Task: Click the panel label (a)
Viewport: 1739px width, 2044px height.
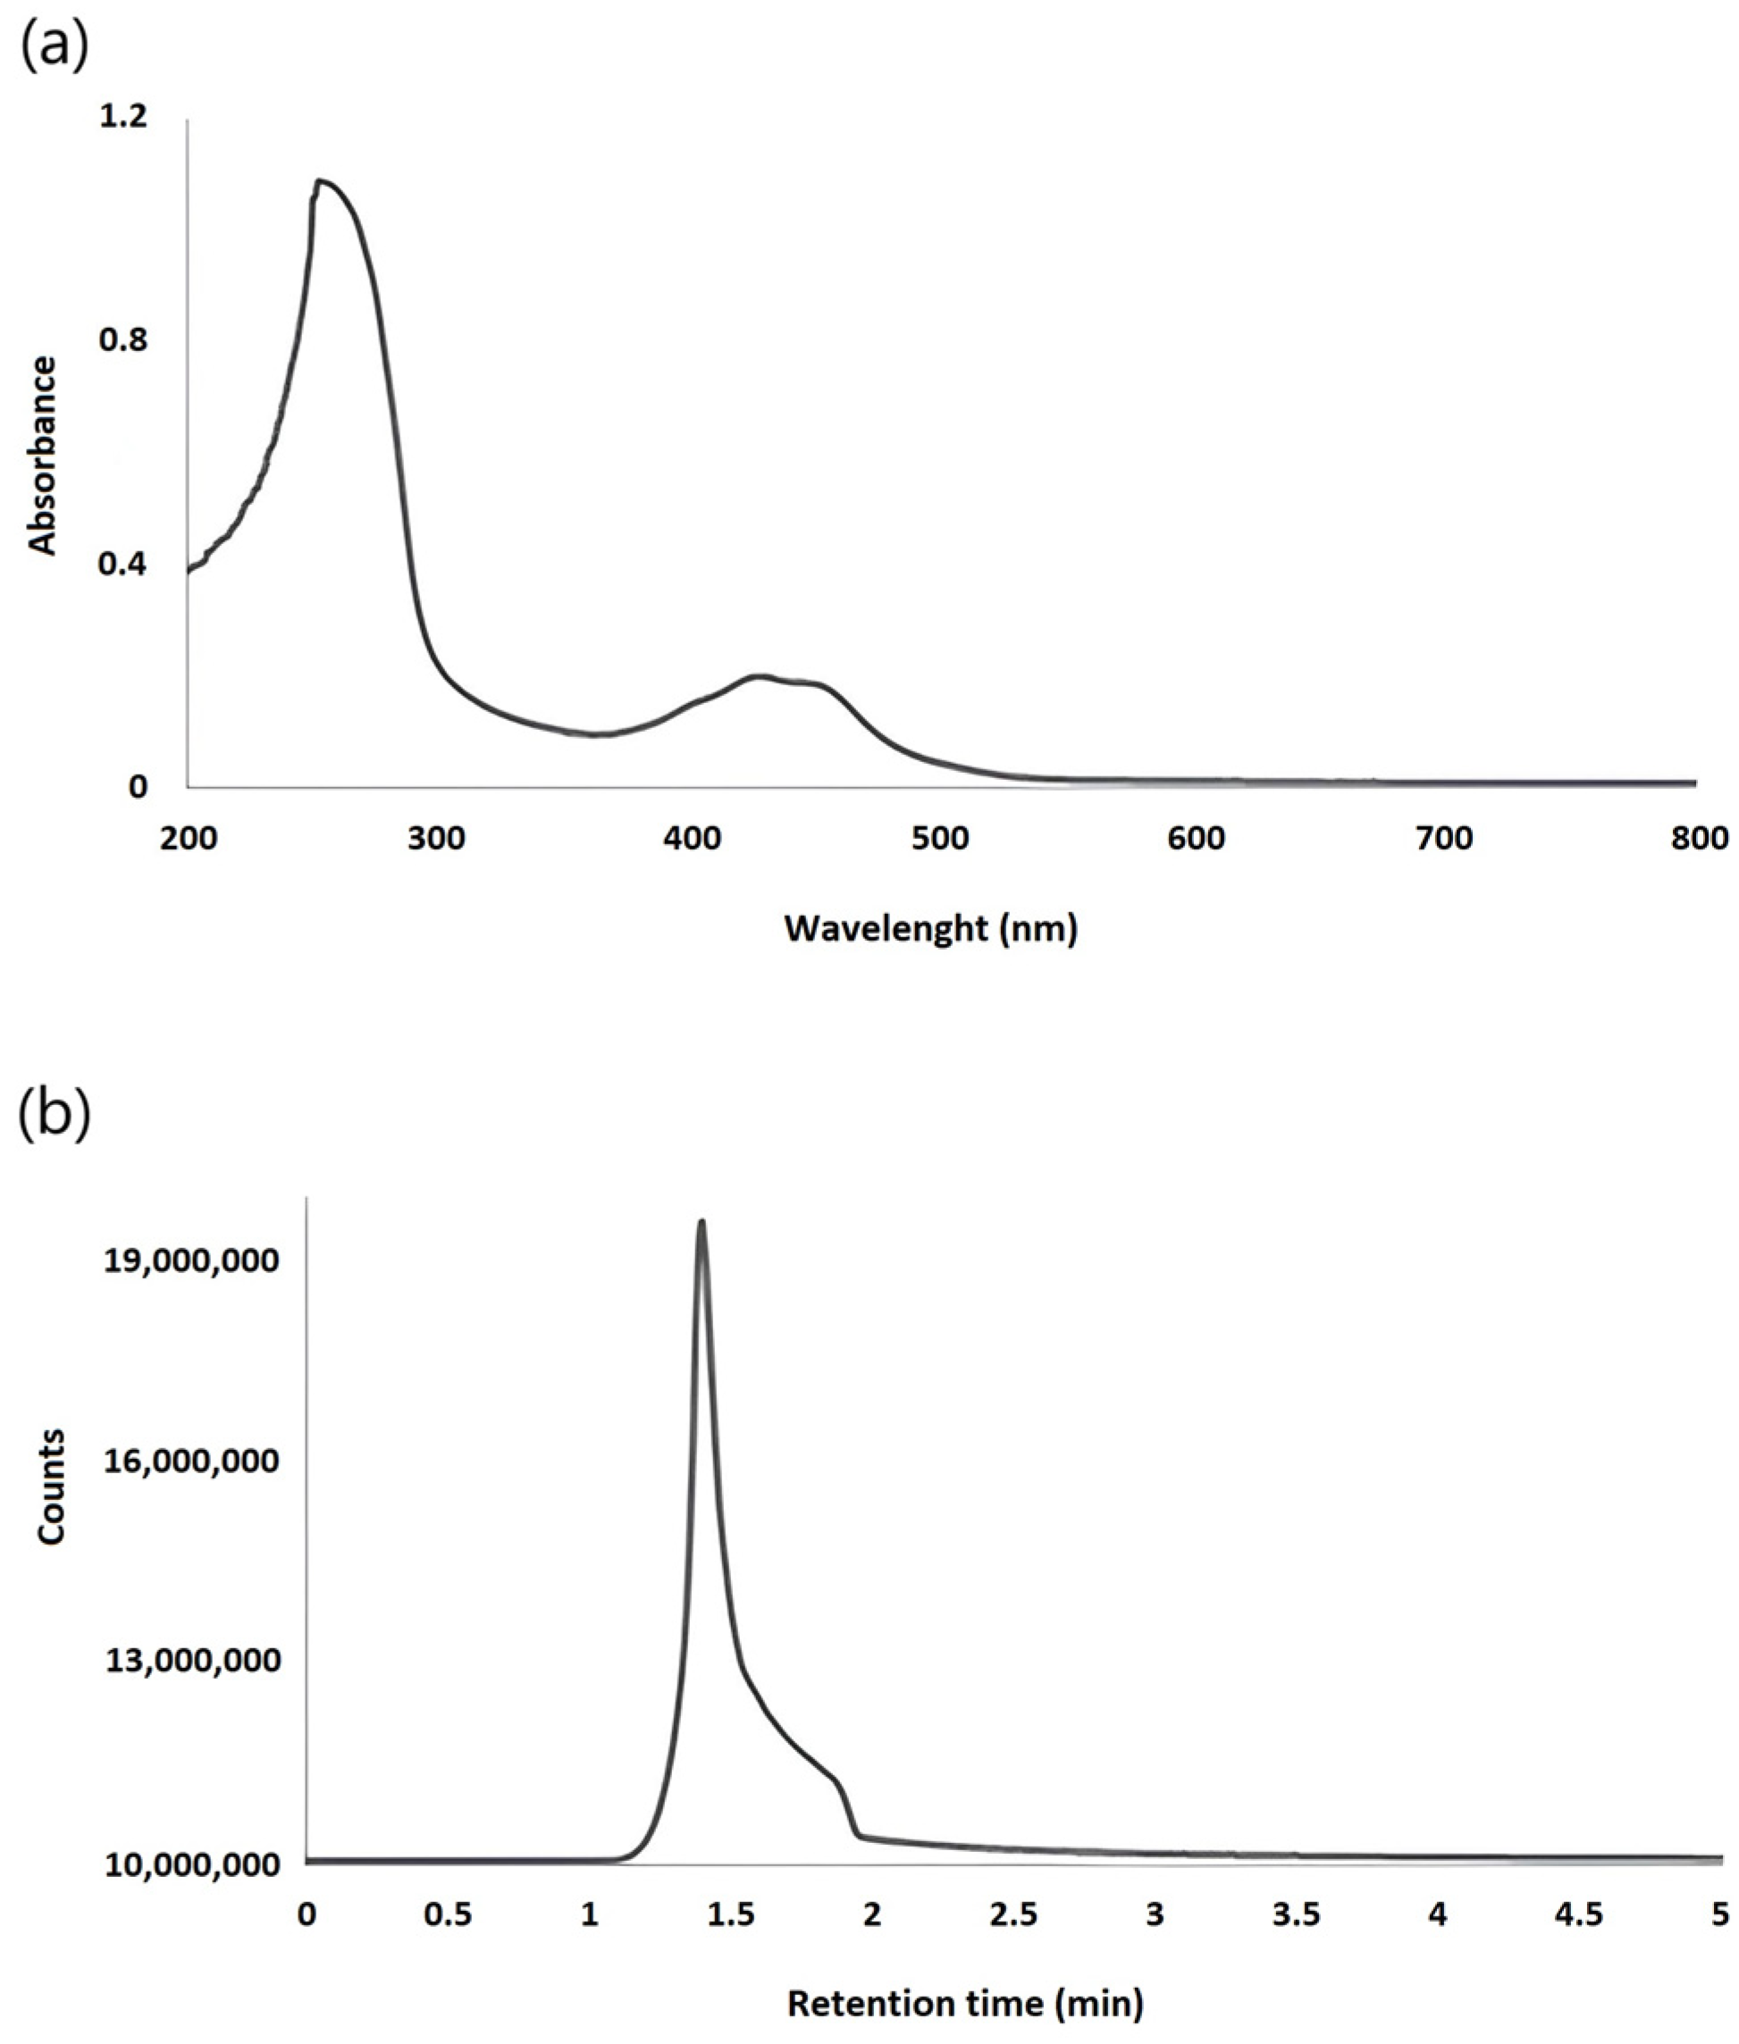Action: (55, 46)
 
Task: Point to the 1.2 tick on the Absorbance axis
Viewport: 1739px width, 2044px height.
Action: (123, 117)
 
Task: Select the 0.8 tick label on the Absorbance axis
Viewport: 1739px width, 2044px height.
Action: (123, 340)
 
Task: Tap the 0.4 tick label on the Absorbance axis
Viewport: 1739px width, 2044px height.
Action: (123, 564)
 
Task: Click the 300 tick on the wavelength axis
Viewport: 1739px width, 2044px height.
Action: (437, 839)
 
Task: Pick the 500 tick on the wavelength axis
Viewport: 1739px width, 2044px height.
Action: (940, 839)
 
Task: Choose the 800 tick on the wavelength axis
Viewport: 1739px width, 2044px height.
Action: (1700, 839)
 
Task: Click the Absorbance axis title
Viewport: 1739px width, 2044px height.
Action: (42, 456)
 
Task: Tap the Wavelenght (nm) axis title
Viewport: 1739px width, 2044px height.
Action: (930, 928)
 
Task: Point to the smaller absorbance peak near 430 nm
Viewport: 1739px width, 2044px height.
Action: (758, 676)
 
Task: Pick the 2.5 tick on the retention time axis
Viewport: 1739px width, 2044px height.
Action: (1014, 1914)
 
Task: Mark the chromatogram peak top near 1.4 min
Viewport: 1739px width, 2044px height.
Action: (701, 1222)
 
